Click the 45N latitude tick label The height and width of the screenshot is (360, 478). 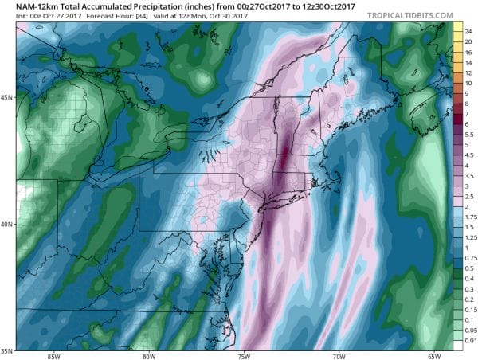8,97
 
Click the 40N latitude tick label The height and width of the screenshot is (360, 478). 8,224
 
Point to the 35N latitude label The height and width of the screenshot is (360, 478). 8,350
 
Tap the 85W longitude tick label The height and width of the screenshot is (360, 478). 55,355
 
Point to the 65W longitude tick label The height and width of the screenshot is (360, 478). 434,355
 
